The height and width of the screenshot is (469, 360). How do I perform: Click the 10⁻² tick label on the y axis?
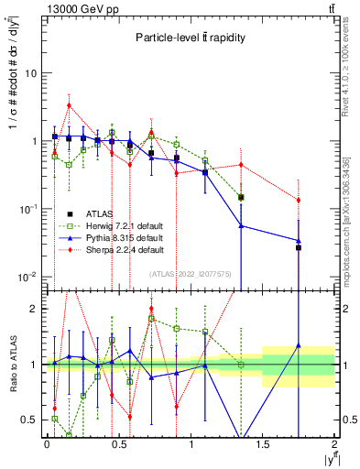tap(30, 278)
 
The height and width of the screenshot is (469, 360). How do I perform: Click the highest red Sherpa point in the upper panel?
tap(69, 105)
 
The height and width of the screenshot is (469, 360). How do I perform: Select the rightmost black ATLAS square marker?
tap(299, 247)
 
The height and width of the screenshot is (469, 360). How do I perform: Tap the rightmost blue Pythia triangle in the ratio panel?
tap(299, 346)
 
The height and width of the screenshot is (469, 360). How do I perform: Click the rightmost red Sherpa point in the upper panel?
tap(299, 200)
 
